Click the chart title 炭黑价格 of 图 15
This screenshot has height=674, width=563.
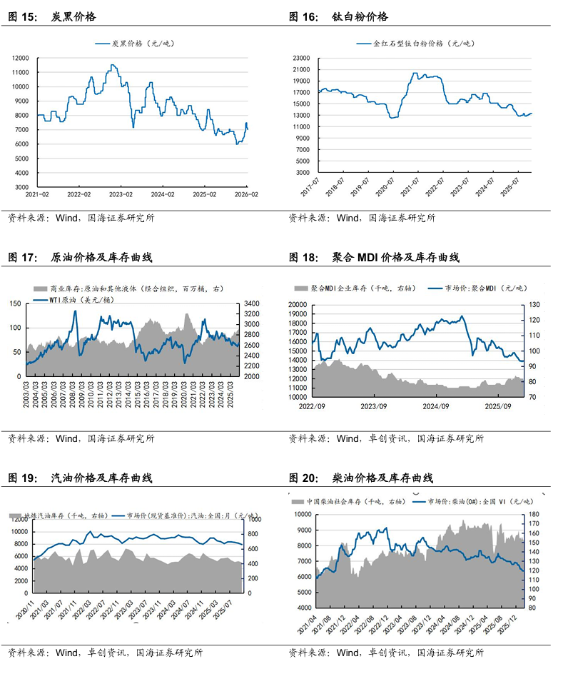pyautogui.click(x=73, y=16)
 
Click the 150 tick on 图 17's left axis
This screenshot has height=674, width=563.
pyautogui.click(x=15, y=304)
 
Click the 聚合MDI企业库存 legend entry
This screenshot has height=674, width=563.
pyautogui.click(x=357, y=288)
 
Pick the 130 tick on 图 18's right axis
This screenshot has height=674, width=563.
pyautogui.click(x=532, y=304)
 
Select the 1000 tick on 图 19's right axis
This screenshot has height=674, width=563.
pyautogui.click(x=254, y=518)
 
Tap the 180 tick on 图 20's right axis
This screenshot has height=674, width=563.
pyautogui.click(x=534, y=514)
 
